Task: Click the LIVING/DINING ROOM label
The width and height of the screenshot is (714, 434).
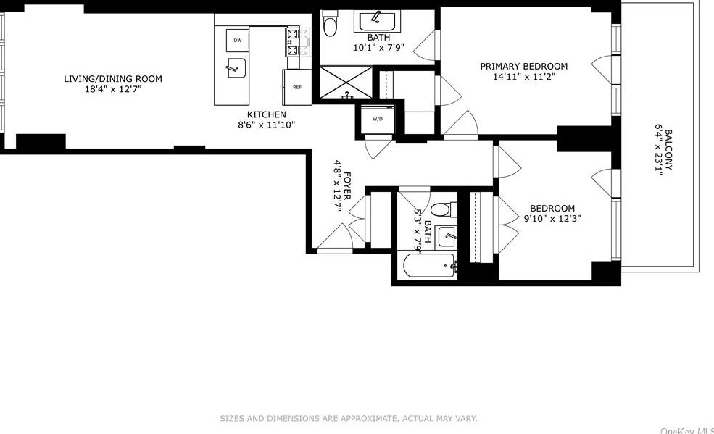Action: tap(112, 79)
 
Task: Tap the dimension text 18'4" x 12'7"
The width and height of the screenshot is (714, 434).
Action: tap(112, 89)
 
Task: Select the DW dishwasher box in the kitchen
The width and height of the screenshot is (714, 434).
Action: tap(237, 40)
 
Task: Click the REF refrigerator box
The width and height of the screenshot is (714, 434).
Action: tap(297, 87)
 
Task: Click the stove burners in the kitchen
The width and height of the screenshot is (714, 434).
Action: tap(294, 42)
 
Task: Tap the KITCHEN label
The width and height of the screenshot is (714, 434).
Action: tap(267, 114)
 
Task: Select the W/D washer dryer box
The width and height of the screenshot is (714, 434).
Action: tap(378, 119)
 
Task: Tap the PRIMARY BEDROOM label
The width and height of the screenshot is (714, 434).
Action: tap(524, 67)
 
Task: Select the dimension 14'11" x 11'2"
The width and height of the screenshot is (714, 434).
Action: tap(524, 77)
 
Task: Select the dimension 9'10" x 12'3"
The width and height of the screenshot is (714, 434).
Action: tap(552, 218)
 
